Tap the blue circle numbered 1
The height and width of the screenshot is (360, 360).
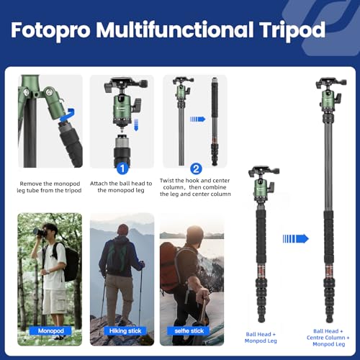tap(122, 168)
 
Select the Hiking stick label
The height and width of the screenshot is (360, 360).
tap(122, 330)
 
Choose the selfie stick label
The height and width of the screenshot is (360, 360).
tap(188, 330)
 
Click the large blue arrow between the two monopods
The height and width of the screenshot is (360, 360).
tap(296, 238)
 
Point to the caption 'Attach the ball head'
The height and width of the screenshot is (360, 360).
tap(122, 188)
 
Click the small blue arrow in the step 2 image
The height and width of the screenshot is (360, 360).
tap(197, 120)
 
